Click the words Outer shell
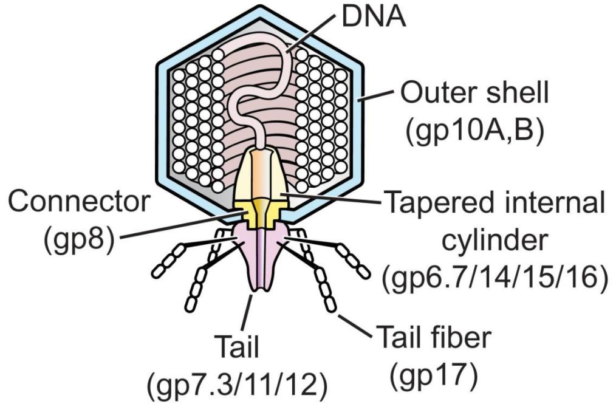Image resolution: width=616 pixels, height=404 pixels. tap(474, 94)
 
